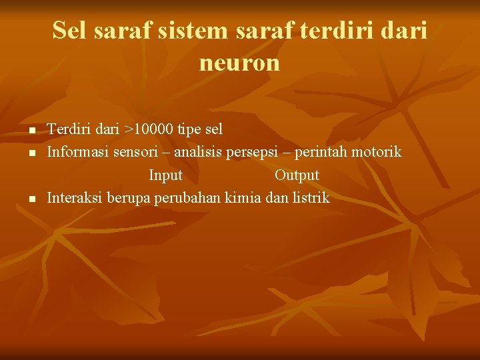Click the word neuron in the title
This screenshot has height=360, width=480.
(239, 63)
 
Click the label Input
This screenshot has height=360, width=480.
(165, 175)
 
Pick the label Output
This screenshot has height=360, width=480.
(297, 175)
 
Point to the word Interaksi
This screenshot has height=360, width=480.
(75, 198)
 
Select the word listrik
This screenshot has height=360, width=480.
(309, 198)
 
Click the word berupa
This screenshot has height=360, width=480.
(129, 199)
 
